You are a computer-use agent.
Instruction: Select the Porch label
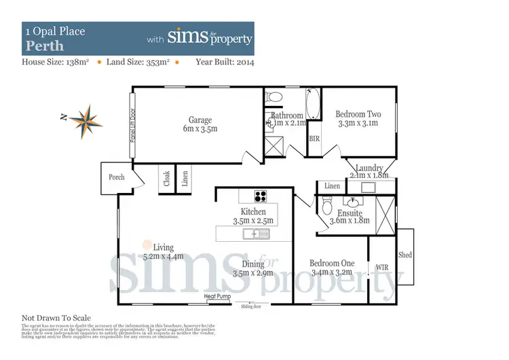(x=117, y=177)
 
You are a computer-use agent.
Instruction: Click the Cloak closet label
(x=167, y=179)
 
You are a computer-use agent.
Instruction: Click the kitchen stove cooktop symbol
(x=260, y=196)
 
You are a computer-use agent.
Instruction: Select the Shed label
(x=405, y=255)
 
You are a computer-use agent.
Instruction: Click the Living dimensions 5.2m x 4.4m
(x=163, y=257)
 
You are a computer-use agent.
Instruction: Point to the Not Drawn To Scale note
(x=56, y=318)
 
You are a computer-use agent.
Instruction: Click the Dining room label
(x=252, y=264)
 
